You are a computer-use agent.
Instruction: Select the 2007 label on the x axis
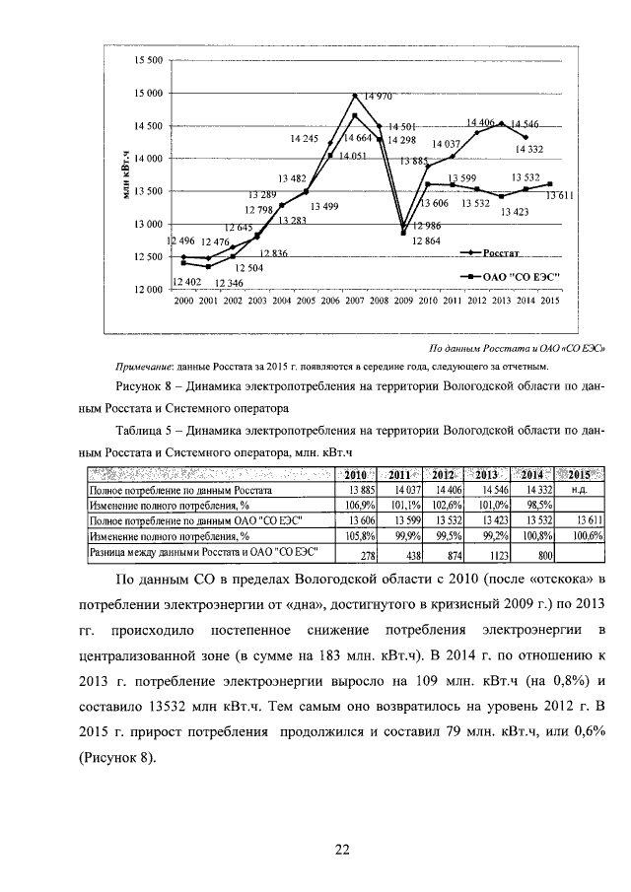pos(354,300)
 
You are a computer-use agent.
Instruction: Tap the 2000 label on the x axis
pos(183,300)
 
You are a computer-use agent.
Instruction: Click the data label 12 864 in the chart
pos(427,240)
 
